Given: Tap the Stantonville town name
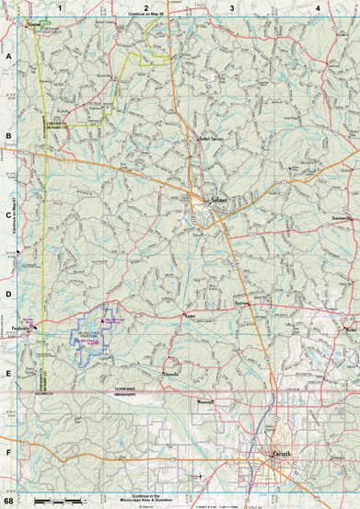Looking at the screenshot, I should [x=343, y=219].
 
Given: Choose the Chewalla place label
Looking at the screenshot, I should [x=171, y=376].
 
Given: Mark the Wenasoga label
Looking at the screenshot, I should [x=205, y=401].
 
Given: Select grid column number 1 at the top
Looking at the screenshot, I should [x=61, y=7].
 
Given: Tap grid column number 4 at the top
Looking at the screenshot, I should [x=317, y=7].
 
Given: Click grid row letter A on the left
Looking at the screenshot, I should [x=7, y=55].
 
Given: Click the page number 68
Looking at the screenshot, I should [x=8, y=502].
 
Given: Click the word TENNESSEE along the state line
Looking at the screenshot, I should [x=124, y=388].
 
